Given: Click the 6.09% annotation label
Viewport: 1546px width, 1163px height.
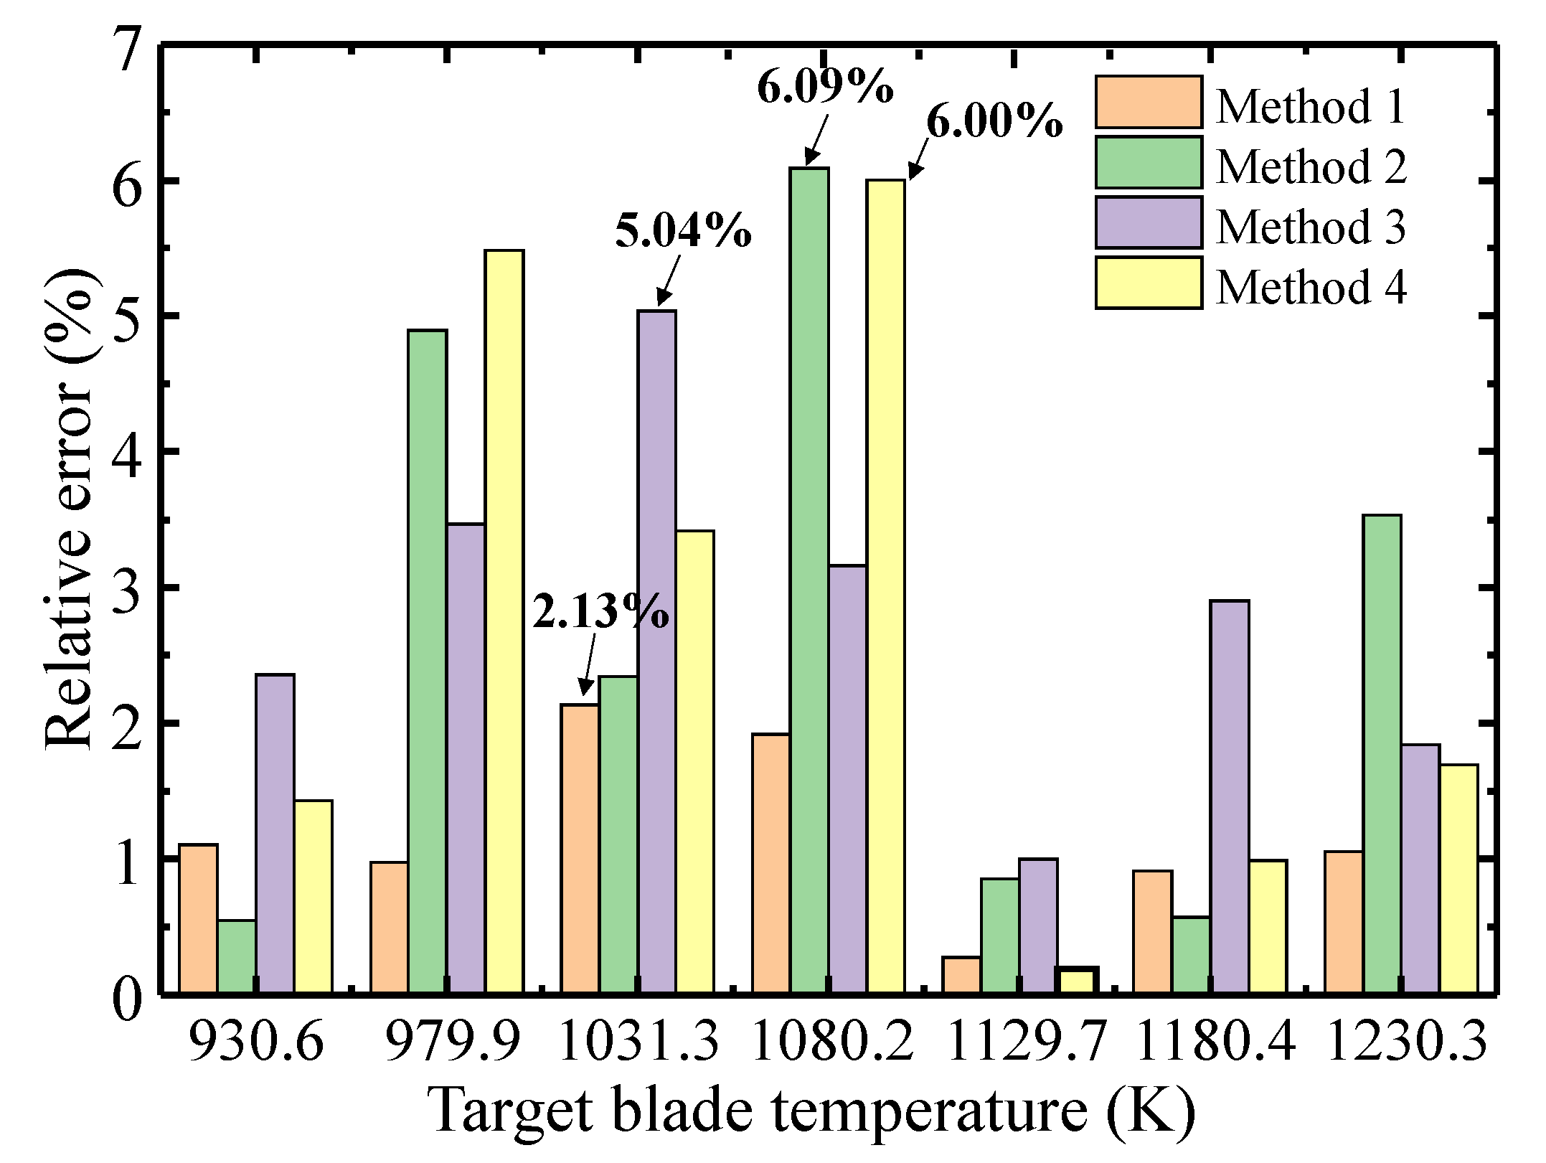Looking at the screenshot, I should click(824, 88).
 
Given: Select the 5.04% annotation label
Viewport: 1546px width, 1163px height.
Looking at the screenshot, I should click(683, 231).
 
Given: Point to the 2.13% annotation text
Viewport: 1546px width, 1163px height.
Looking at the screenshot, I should click(600, 612).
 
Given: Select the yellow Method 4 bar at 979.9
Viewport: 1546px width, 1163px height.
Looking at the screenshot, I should click(504, 621).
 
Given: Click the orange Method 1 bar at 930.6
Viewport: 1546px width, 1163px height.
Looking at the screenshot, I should click(199, 919).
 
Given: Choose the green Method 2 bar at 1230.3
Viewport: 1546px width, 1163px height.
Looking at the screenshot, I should click(1382, 754).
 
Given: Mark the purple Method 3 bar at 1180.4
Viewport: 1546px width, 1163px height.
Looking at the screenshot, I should click(1230, 796).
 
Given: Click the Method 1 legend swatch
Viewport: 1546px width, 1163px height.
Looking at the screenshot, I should click(1149, 102).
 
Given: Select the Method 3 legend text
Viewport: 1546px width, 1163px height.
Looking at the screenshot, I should click(1311, 227).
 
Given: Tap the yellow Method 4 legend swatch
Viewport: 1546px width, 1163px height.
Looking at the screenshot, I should click(1149, 283).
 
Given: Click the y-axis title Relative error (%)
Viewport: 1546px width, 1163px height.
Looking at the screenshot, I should click(70, 509).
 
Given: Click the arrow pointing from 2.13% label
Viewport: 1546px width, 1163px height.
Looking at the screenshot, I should click(589, 664).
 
